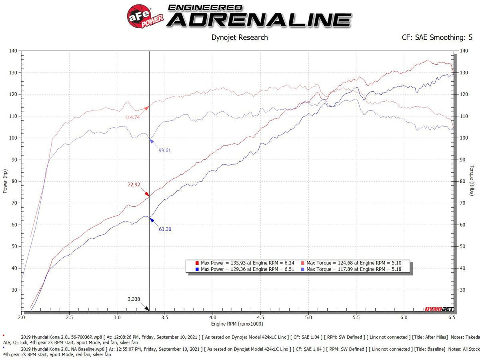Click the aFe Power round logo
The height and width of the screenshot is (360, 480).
(144, 16)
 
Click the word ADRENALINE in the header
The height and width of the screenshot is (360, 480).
(259, 20)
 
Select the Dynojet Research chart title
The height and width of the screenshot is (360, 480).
(239, 38)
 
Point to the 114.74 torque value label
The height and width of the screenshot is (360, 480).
(132, 117)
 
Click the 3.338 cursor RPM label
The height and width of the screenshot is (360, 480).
(134, 298)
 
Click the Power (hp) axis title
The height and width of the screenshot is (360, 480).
(5, 181)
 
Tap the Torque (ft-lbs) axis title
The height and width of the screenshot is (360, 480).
(472, 181)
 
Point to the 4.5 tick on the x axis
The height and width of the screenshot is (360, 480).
(260, 317)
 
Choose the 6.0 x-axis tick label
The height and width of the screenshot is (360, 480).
(404, 317)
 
